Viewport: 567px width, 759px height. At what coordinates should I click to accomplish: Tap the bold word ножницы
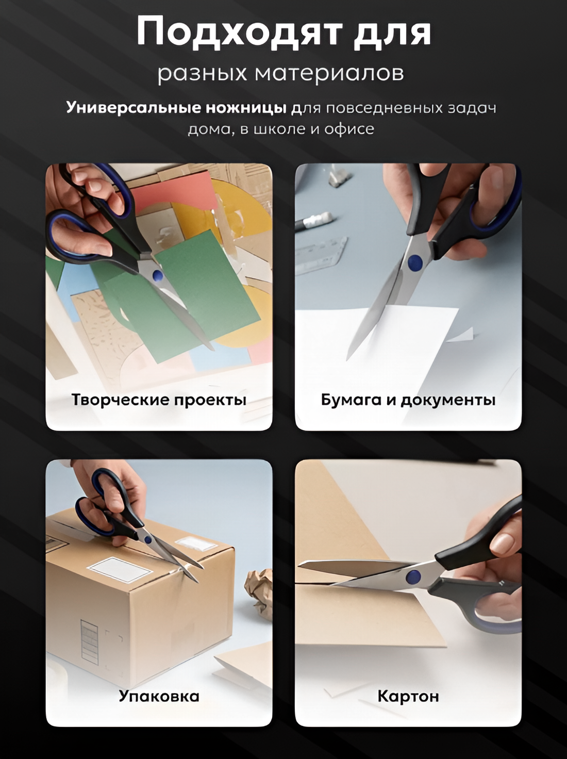tap(246, 108)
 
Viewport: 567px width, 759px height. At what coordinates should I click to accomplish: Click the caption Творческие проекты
tap(159, 400)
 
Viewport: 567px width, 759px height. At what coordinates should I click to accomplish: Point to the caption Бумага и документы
tap(408, 400)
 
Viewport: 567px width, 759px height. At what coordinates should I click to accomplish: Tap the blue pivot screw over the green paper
tap(158, 275)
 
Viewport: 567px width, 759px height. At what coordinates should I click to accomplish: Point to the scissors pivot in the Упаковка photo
tap(148, 539)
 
